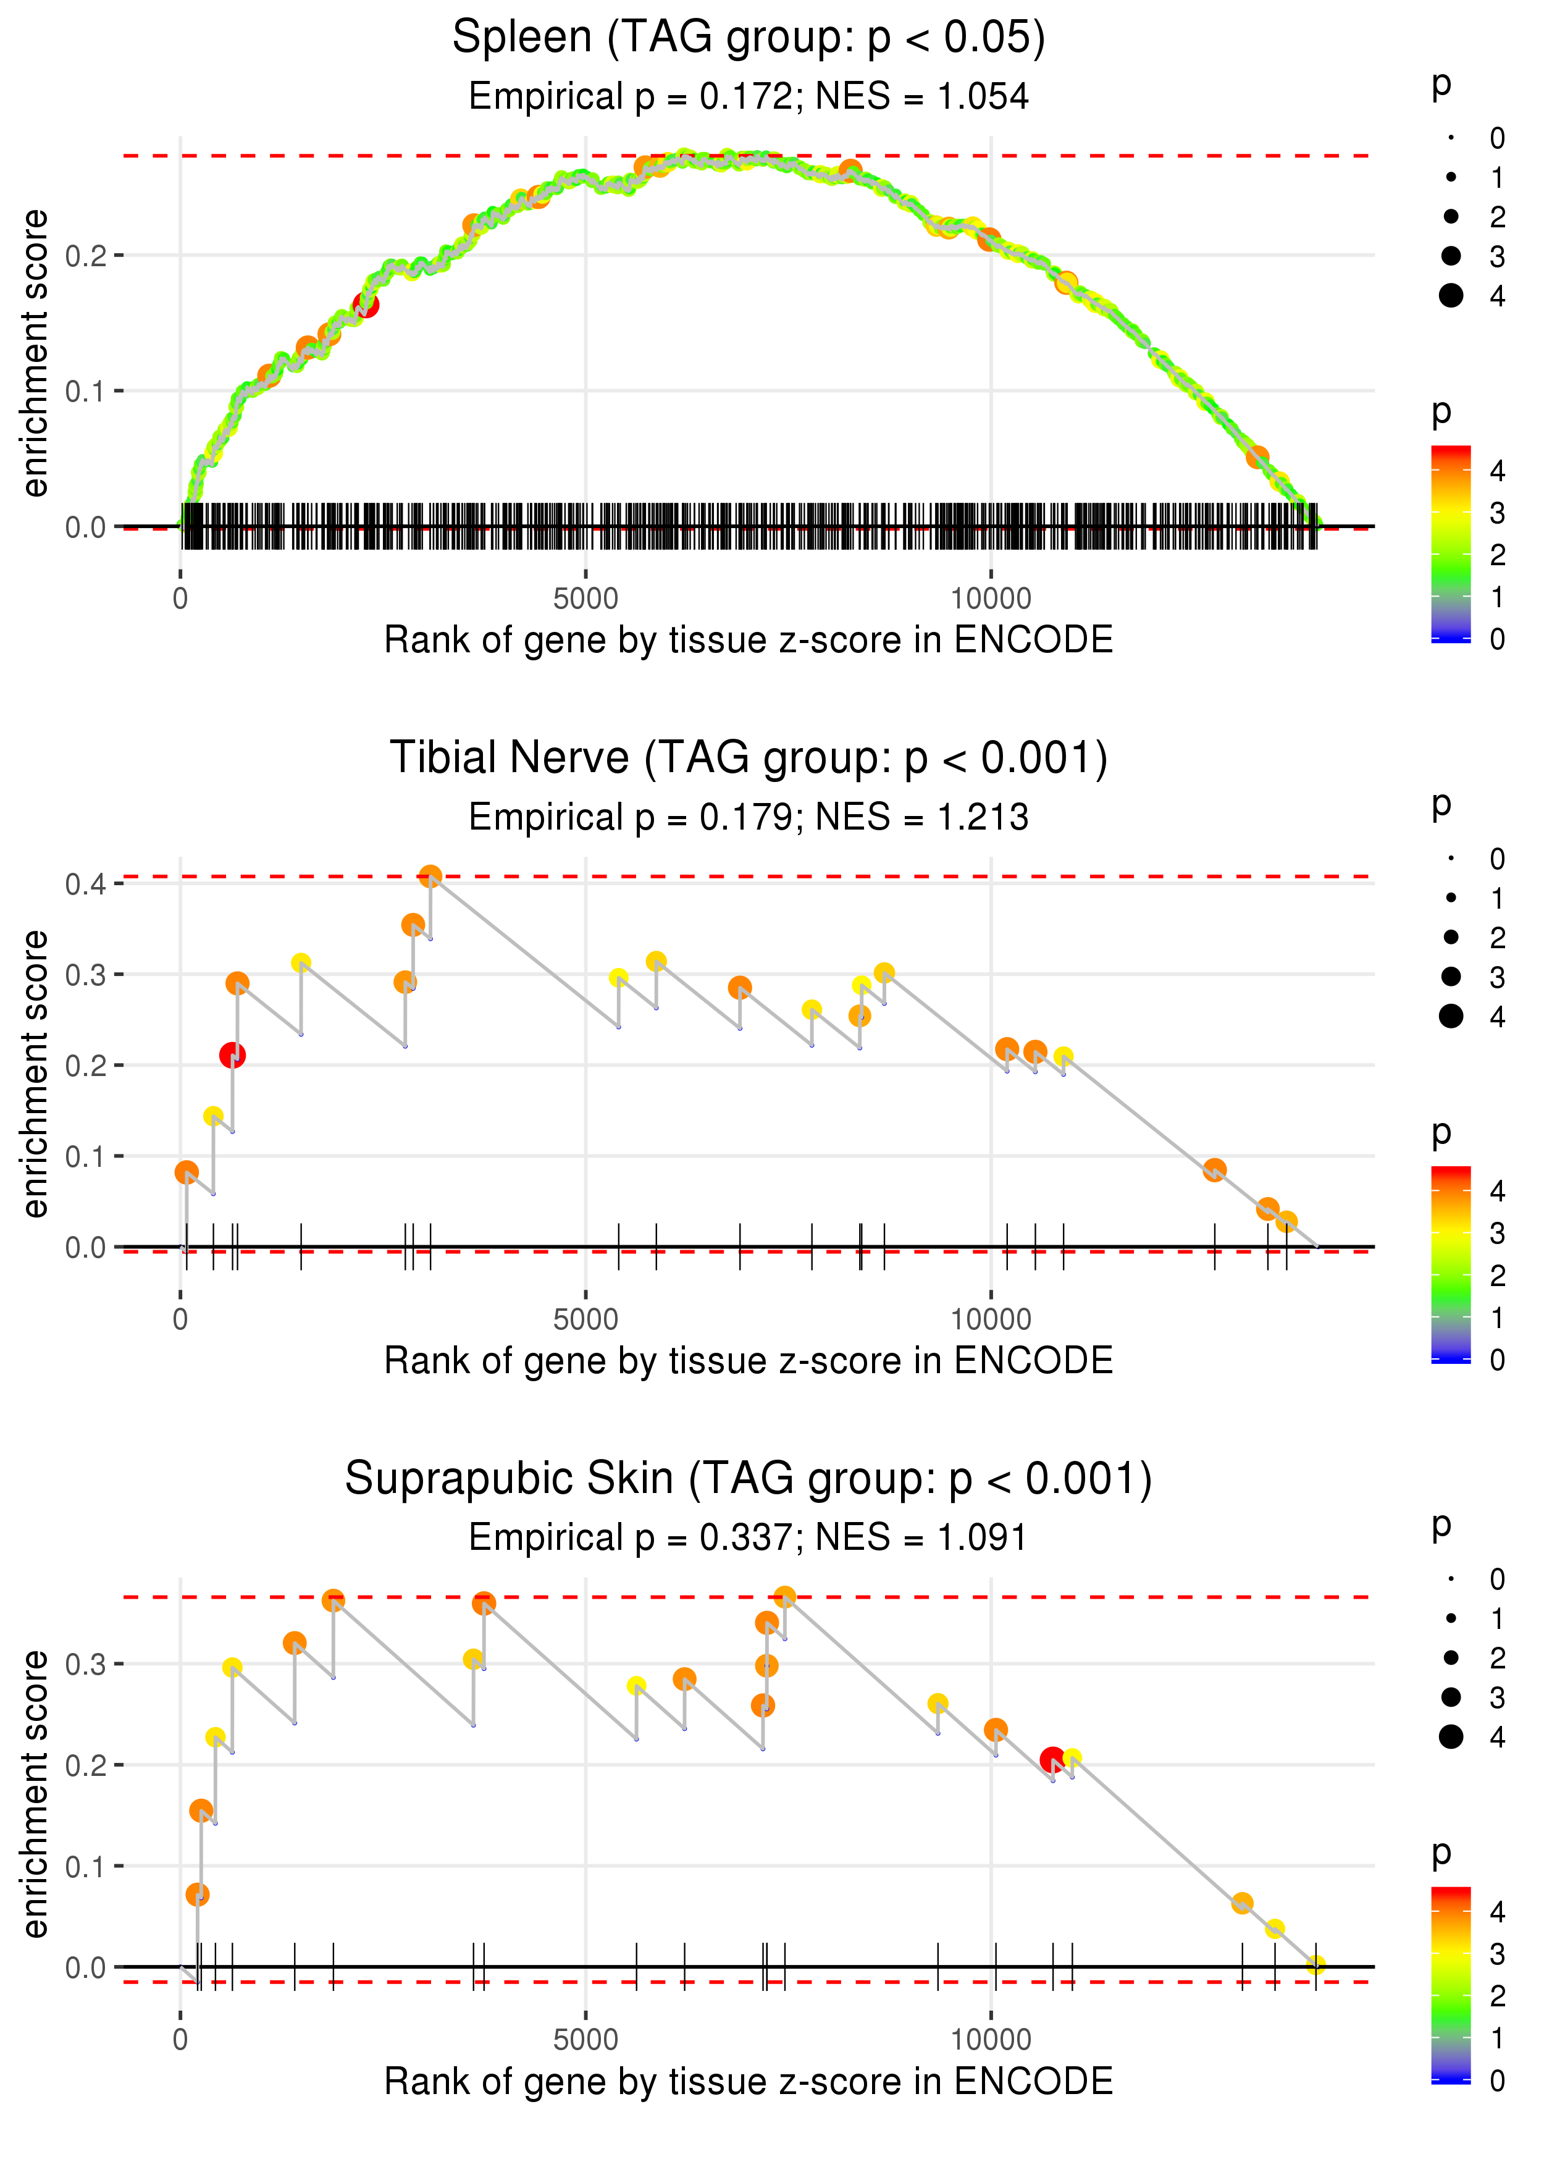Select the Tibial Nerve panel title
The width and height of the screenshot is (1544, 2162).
749,759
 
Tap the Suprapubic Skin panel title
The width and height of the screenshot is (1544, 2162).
749,1478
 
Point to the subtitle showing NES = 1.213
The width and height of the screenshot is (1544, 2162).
749,817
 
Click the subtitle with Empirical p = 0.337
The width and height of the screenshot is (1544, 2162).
749,1537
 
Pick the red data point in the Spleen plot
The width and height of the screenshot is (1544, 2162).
366,305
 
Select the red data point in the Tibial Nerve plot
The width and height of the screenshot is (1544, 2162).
232,1055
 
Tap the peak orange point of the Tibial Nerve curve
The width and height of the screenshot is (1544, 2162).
430,876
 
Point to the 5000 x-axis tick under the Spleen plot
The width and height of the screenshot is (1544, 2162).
585,599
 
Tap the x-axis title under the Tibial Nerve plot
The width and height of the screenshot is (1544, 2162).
749,1361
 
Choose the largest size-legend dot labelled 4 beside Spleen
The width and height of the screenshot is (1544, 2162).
1451,296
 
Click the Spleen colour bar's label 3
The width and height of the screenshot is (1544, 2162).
1498,513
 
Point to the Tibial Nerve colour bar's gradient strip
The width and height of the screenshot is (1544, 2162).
1451,1264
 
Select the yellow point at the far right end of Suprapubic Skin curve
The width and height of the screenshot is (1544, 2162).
1316,1965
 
